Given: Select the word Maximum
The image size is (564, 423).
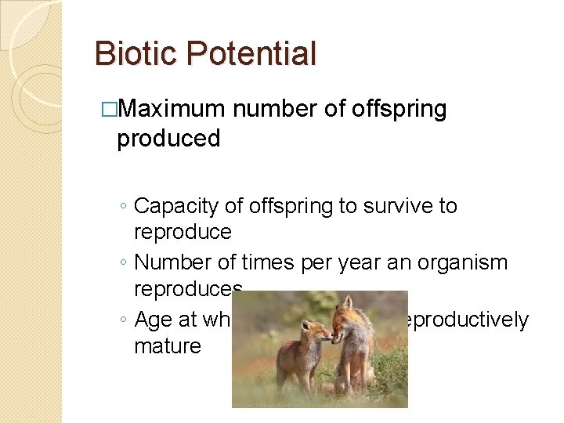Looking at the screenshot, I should point(172,109).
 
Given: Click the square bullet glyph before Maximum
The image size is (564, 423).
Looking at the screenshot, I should point(110,110).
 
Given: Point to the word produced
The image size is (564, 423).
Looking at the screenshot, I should point(168,139).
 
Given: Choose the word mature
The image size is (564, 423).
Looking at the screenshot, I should point(168,345).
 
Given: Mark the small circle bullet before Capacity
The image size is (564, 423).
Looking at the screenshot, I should point(122,208).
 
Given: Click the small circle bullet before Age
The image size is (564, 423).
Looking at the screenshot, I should point(122,321).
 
